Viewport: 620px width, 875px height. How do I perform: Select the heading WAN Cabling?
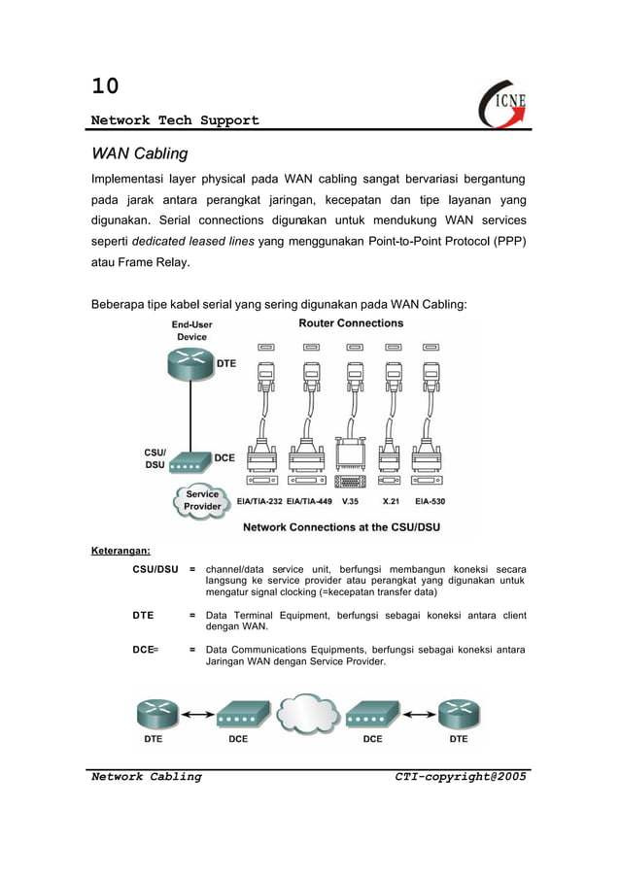139,153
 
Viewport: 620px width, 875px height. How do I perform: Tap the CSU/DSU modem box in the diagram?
188,462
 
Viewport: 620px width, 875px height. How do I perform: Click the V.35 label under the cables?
351,502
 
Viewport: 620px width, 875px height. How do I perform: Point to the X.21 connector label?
392,502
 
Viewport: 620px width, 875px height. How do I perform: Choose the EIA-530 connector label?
430,502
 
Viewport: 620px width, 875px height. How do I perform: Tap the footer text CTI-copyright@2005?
461,776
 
